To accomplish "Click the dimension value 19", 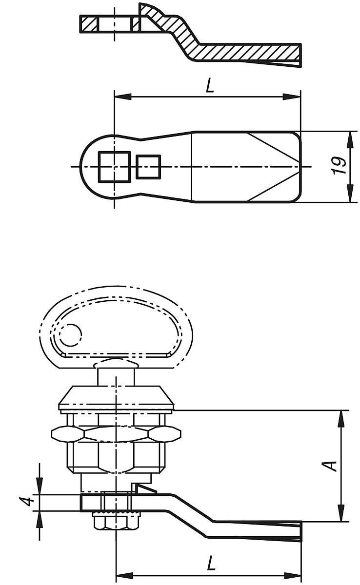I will tap(340, 166).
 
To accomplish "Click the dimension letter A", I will tap(331, 465).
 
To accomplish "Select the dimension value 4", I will tap(30, 502).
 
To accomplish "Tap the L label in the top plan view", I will tap(209, 86).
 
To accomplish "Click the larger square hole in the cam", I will tap(114, 167).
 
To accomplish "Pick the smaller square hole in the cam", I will tap(148, 166).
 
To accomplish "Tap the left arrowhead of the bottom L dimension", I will tap(122, 574).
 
